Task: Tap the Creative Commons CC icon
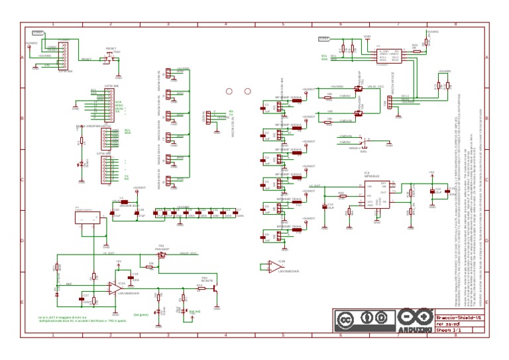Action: (x=345, y=319)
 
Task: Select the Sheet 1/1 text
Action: (x=448, y=329)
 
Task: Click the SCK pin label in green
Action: (x=118, y=101)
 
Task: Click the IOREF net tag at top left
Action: (x=38, y=32)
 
